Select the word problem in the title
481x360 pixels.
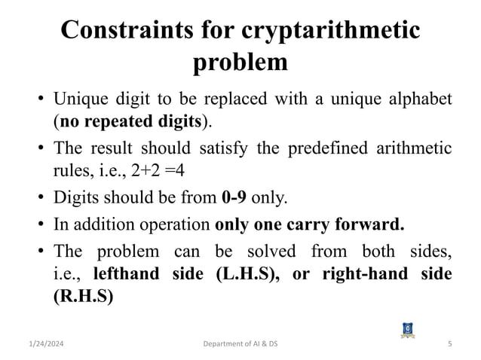pos(240,62)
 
